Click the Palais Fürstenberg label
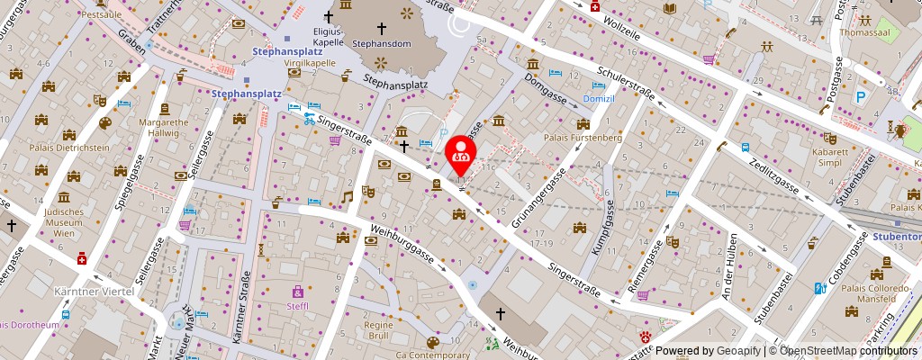[583, 138]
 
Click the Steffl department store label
[297, 306]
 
